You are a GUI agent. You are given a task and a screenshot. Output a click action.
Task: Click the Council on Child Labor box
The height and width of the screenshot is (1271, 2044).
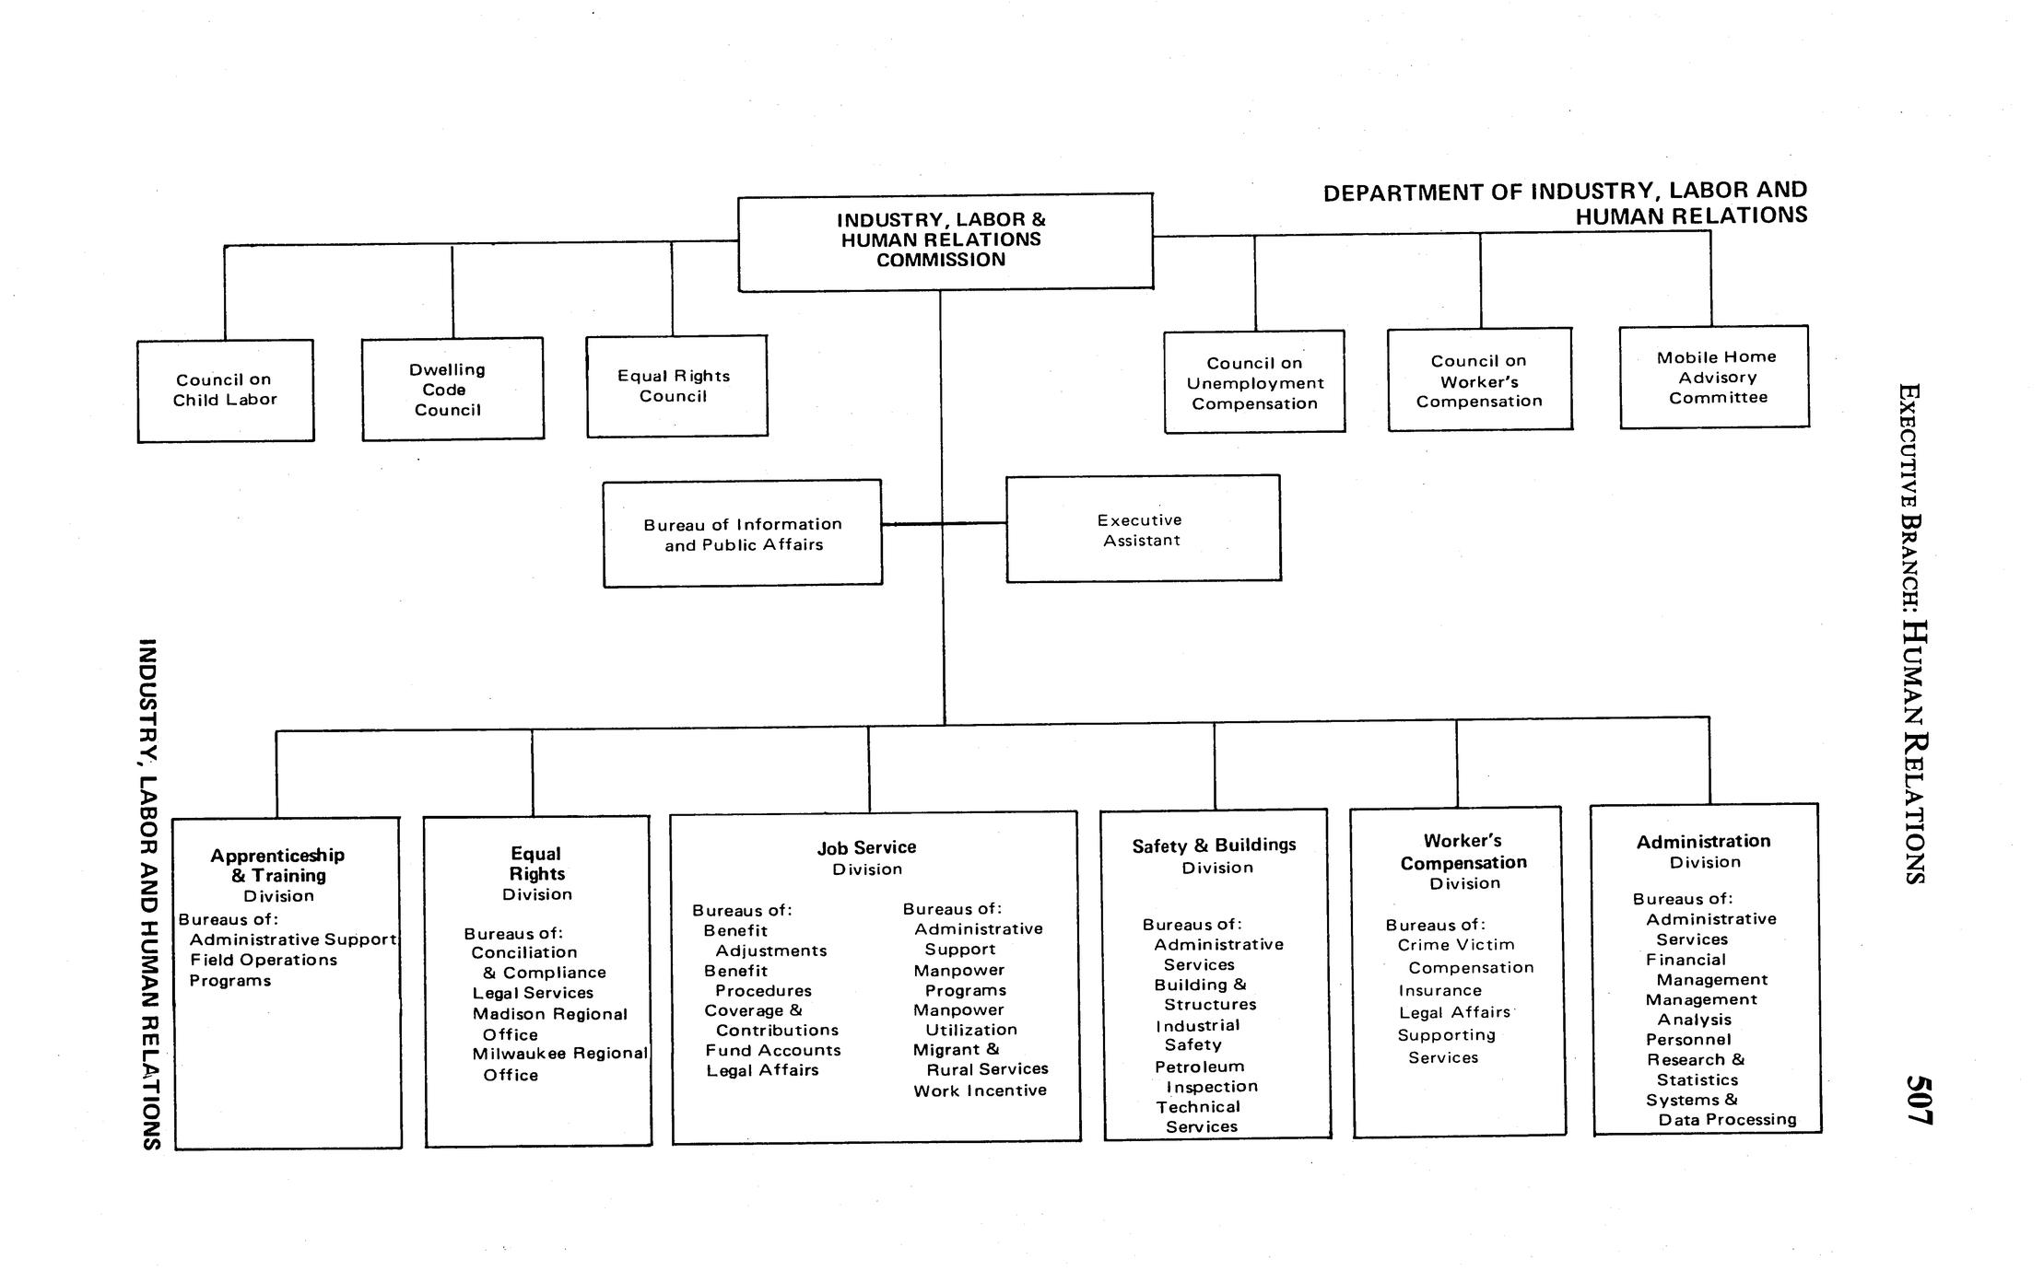pos(226,391)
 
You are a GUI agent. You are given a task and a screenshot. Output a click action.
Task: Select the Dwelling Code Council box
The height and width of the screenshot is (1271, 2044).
pos(452,389)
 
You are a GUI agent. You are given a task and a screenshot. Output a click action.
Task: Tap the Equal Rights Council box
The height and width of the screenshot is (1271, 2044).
pos(676,386)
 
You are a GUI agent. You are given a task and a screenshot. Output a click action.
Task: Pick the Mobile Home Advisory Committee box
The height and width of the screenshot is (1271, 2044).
pos(1714,377)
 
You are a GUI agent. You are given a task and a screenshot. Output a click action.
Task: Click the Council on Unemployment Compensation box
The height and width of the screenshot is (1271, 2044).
pos(1254,382)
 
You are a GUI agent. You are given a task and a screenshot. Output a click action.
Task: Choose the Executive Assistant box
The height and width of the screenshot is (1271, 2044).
pos(1143,530)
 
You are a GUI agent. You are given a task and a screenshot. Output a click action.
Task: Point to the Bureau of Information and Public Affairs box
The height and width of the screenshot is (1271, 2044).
pos(743,534)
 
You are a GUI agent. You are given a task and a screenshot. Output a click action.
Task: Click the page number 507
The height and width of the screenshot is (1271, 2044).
pos(1919,1100)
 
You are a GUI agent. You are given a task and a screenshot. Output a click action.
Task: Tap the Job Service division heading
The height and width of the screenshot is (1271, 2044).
pos(866,848)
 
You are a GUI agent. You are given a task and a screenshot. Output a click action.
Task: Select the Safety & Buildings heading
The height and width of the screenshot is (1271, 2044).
pos(1214,845)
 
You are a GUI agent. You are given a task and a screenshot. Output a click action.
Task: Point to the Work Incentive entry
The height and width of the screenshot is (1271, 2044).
pos(980,1090)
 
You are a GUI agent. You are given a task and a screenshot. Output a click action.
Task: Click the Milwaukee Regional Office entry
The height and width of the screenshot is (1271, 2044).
pos(559,1064)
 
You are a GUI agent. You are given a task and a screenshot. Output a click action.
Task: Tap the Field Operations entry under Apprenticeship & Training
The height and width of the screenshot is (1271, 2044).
pos(264,960)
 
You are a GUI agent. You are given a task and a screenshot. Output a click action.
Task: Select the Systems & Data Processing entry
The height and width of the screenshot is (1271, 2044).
pos(1720,1110)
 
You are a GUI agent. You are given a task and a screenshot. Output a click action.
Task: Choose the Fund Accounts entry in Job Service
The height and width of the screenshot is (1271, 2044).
pos(773,1050)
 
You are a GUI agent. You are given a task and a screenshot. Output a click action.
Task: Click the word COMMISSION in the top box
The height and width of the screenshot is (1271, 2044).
pos(940,261)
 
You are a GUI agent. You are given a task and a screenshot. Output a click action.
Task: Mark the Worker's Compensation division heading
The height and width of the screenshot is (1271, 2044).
pos(1463,852)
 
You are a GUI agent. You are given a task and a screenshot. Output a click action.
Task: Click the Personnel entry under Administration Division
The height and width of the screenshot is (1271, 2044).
pos(1688,1040)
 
